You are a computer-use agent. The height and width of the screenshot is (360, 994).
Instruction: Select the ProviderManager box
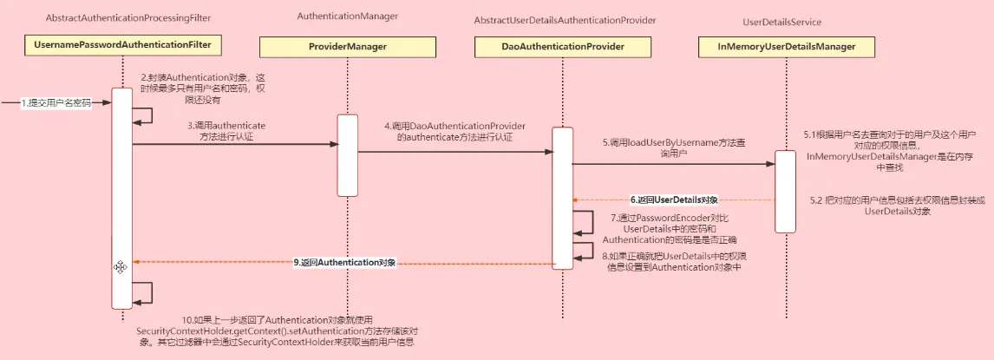(346, 46)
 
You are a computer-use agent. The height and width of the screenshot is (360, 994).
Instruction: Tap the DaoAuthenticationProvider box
(564, 46)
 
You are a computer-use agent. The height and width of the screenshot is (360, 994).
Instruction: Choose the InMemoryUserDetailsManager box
(786, 46)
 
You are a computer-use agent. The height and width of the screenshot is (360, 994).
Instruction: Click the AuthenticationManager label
(347, 16)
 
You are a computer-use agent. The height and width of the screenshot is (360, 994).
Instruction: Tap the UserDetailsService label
(782, 22)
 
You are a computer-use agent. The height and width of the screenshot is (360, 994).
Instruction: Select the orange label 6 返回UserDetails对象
(674, 200)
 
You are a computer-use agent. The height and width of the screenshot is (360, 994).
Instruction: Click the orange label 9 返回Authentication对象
(344, 261)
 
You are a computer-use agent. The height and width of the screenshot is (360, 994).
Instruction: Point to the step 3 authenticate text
(226, 131)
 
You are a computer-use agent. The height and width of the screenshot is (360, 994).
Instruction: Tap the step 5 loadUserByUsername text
(666, 147)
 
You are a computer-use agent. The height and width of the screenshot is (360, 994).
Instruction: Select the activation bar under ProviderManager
(347, 155)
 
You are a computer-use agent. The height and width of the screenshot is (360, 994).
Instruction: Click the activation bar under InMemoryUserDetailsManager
(785, 191)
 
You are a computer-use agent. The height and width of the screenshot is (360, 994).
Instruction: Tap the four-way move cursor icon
(121, 267)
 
